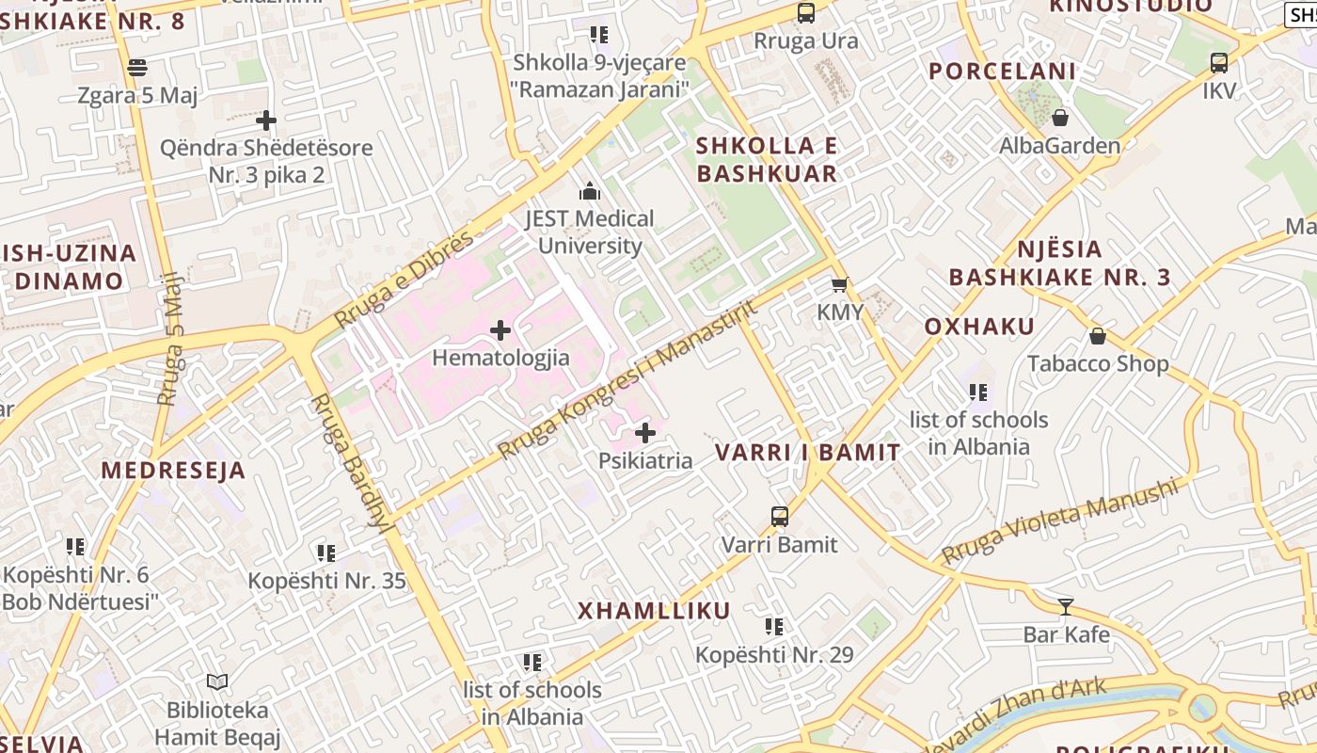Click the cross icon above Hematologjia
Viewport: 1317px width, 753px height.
coord(500,330)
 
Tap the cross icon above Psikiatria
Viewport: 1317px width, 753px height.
coord(645,433)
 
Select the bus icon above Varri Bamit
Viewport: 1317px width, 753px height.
coord(779,516)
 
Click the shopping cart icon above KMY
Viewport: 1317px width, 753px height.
coord(839,284)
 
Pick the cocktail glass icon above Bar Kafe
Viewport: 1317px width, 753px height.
coord(1066,607)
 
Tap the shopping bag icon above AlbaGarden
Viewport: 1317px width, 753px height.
coord(1060,118)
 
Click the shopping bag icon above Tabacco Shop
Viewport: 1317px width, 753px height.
coord(1097,336)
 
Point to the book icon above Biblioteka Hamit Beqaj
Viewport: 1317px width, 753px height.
coord(217,681)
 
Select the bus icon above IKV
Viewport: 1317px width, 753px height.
coord(1219,63)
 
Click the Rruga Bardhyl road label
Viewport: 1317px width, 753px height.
coord(349,463)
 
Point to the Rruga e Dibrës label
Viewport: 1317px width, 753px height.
coord(405,280)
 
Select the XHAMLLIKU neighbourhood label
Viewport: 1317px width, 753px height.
coord(654,611)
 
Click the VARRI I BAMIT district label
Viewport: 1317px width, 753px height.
coord(807,452)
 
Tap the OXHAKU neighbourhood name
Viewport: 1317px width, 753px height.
coord(979,327)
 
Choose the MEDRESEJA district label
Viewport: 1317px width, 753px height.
coord(173,471)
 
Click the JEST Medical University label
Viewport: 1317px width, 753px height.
coord(589,232)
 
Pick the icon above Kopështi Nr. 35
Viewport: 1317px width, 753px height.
coord(326,553)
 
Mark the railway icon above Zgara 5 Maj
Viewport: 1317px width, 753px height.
coord(137,67)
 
